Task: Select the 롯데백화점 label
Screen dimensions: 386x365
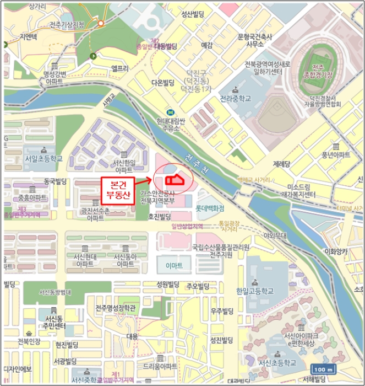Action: pos(210,208)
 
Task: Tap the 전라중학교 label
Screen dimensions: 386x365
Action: pos(235,99)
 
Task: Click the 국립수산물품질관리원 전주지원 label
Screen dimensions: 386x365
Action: pos(221,250)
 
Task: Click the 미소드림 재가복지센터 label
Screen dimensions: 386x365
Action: pos(298,191)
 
